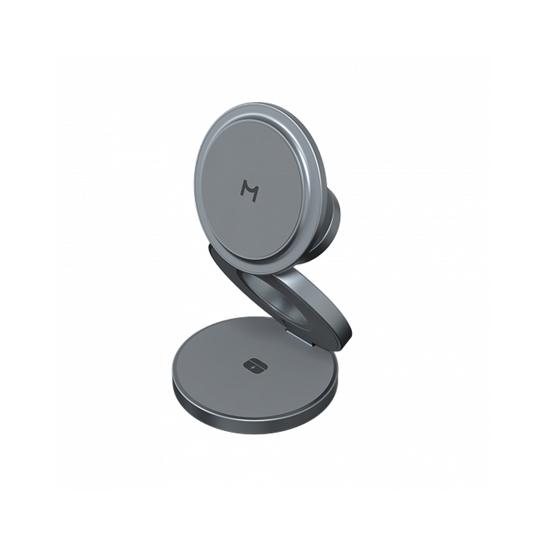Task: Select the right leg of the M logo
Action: tap(257, 192)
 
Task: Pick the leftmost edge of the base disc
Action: tap(173, 377)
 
